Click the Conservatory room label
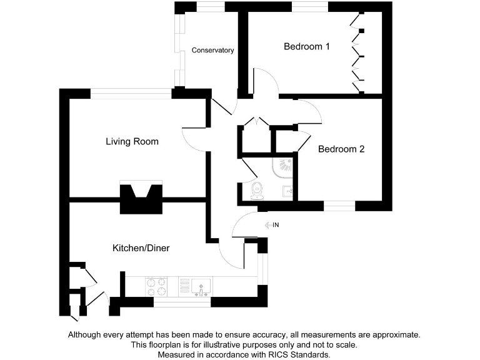(x=212, y=50)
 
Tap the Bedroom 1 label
(x=307, y=46)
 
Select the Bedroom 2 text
(x=341, y=149)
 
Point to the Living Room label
(x=132, y=141)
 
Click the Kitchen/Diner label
(x=141, y=248)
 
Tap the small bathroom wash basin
(x=287, y=191)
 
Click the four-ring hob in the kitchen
(x=156, y=287)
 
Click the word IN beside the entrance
(x=276, y=225)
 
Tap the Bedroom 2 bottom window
(x=339, y=206)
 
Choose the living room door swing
(x=194, y=134)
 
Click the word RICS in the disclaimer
(x=274, y=354)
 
